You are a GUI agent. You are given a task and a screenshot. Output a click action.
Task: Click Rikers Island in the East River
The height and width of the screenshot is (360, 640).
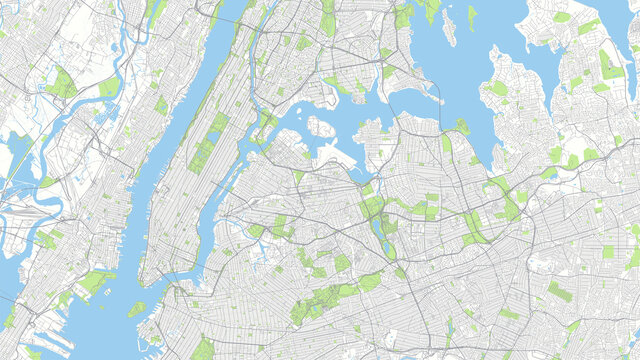click(x=320, y=127)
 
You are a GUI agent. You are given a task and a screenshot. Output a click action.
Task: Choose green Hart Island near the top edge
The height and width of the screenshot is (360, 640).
click(x=472, y=16)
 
